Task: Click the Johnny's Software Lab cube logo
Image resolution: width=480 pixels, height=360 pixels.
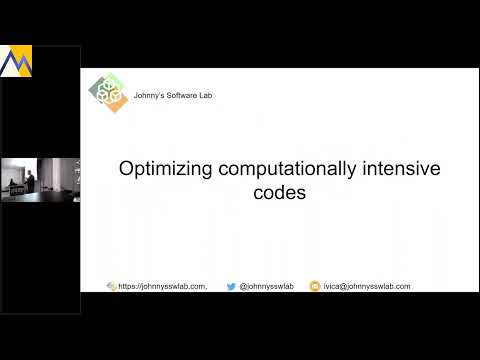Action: click(109, 95)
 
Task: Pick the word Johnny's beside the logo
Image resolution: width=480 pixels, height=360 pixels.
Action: click(150, 96)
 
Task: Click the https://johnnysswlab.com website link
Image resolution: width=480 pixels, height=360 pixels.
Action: click(163, 286)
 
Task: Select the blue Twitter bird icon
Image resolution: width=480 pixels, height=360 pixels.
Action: click(231, 286)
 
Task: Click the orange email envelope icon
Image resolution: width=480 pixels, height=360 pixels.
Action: click(314, 286)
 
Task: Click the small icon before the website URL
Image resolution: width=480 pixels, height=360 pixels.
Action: click(112, 286)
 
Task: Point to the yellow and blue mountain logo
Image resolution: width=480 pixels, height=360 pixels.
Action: click(14, 62)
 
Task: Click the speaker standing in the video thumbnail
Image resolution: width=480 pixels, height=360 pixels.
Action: click(30, 180)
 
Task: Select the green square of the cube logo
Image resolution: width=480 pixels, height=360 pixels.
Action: click(113, 83)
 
